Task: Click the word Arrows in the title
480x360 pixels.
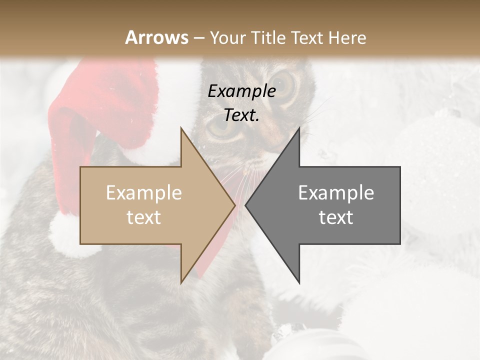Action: coord(156,37)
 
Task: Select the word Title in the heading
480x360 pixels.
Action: coord(269,37)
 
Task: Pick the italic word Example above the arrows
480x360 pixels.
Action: coord(241,91)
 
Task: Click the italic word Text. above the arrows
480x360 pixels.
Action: coord(241,115)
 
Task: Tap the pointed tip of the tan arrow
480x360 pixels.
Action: coord(234,205)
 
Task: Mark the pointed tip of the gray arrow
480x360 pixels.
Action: coord(246,205)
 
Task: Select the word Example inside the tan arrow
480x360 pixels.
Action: coord(144,193)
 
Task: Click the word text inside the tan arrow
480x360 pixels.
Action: coord(144,217)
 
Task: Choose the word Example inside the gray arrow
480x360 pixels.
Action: coord(336,193)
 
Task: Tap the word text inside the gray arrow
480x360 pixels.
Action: coord(336,217)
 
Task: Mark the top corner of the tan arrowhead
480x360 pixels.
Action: coord(181,128)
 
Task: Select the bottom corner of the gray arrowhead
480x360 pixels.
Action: coord(299,283)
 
